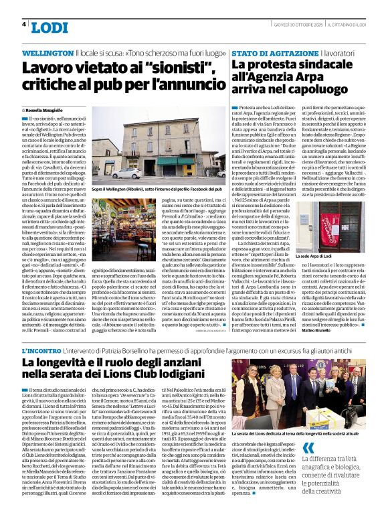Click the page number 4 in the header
coord(24,25)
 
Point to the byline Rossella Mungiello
coord(47,110)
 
